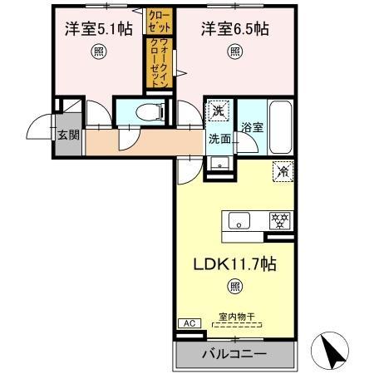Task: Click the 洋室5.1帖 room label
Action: click(x=98, y=29)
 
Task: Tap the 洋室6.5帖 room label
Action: click(x=234, y=29)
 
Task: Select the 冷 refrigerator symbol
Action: click(x=283, y=172)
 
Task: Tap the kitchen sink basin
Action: click(x=237, y=221)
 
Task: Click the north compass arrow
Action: click(x=335, y=349)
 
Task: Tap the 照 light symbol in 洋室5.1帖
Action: click(x=98, y=50)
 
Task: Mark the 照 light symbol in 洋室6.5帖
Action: click(x=235, y=50)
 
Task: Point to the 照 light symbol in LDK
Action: click(x=235, y=288)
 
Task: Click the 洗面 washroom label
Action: click(x=219, y=139)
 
